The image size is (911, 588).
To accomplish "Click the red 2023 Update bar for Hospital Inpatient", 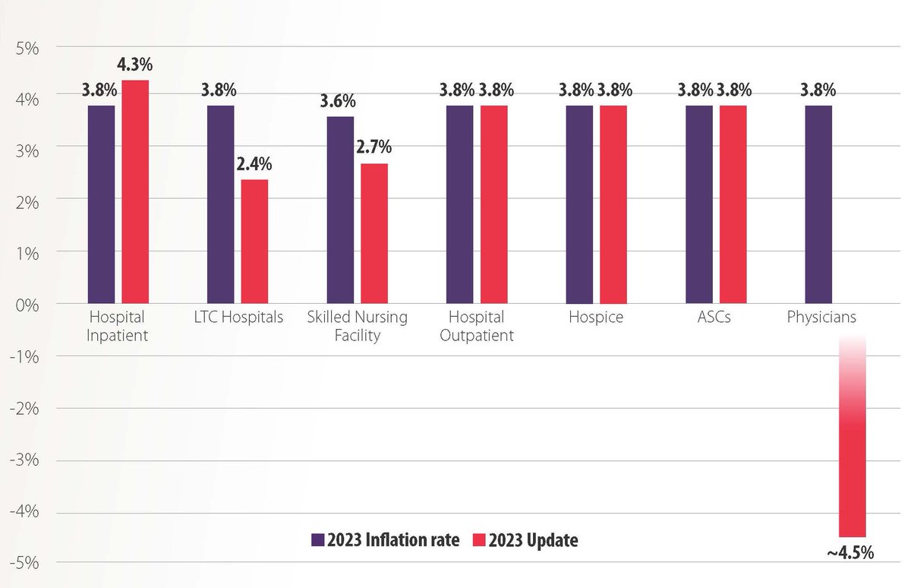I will point(135,191).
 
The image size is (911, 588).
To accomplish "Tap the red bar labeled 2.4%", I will point(254,241).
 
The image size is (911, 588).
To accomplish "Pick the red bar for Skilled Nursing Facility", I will point(374,233).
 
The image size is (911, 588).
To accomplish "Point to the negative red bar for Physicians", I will point(852,456).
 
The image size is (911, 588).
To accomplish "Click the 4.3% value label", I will point(135,66).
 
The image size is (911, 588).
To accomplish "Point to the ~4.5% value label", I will point(850,552).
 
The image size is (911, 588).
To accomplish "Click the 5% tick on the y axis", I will point(27,46).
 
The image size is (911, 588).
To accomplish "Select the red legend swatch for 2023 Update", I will point(478,540).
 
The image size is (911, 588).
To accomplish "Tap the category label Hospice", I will point(596,318).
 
